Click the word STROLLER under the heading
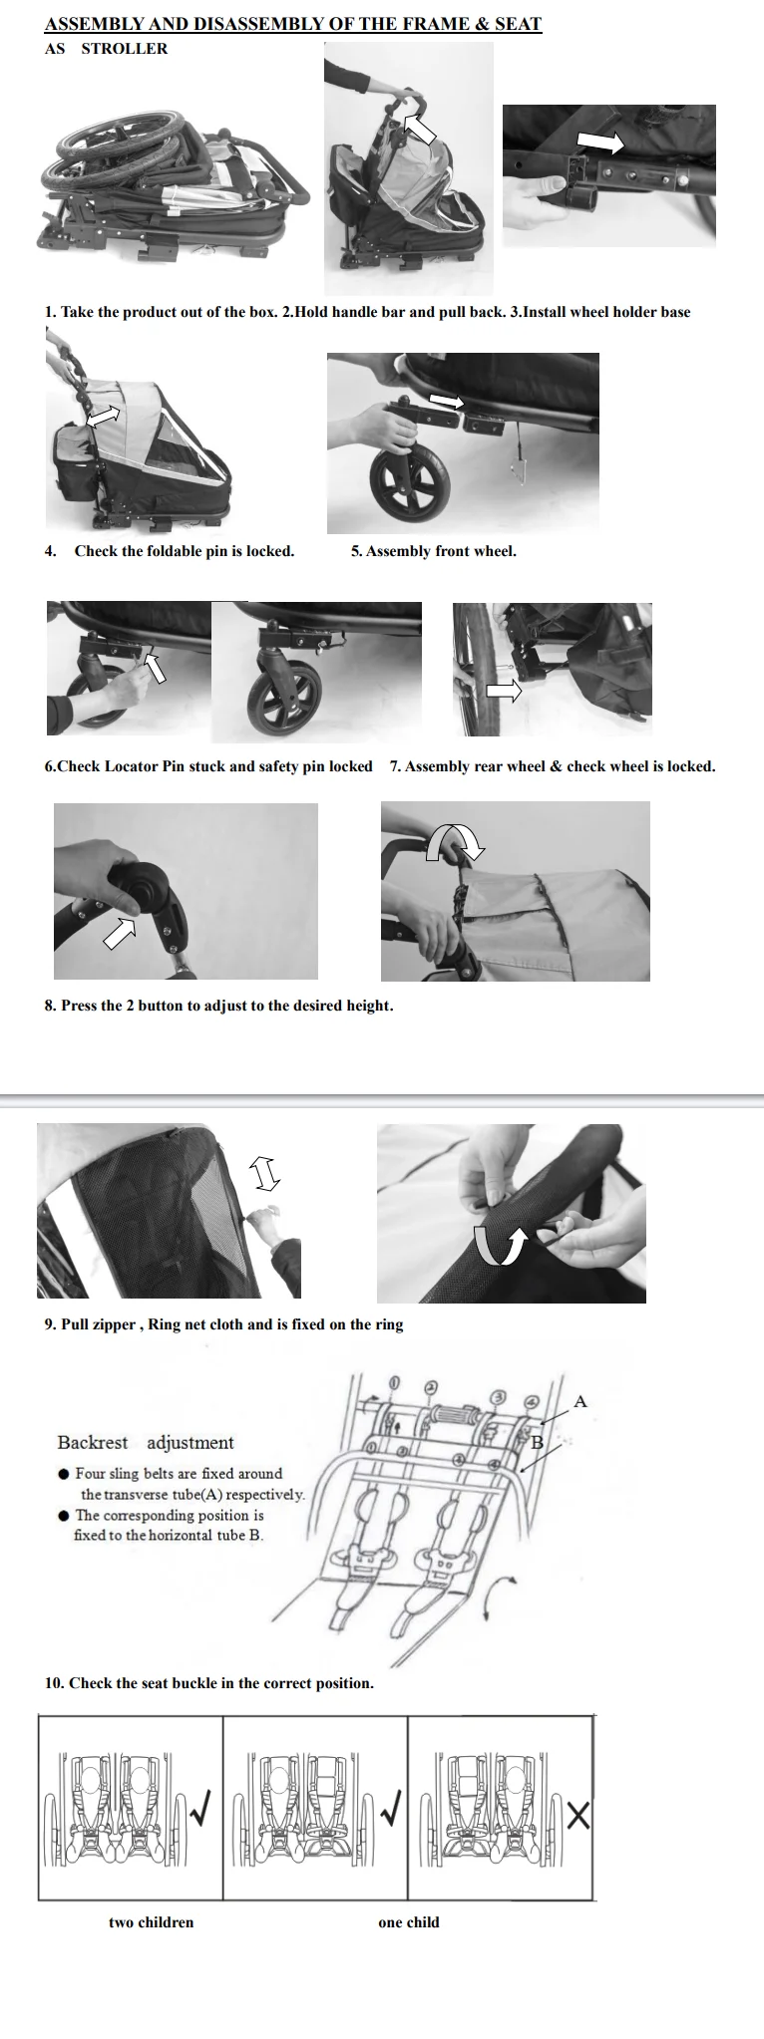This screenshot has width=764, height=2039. coord(125,48)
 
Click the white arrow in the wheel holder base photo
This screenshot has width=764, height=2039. coord(601,144)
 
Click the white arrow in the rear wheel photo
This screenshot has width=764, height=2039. coord(504,692)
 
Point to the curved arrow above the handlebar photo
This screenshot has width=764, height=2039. coord(455,840)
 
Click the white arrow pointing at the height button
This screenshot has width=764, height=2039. coord(120,931)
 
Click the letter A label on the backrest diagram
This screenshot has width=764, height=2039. coord(580,1401)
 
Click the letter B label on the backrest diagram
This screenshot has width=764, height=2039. coord(537,1442)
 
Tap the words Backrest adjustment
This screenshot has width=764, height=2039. coord(146,1442)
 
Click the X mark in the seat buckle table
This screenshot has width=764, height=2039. coord(578,1816)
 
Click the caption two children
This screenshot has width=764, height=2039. coord(151,1921)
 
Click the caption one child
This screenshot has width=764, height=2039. coord(409,1921)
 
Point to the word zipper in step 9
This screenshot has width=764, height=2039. coord(119,1324)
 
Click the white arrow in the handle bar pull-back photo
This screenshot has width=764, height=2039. coord(421,129)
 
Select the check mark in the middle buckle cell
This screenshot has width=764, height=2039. coord(393,1807)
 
